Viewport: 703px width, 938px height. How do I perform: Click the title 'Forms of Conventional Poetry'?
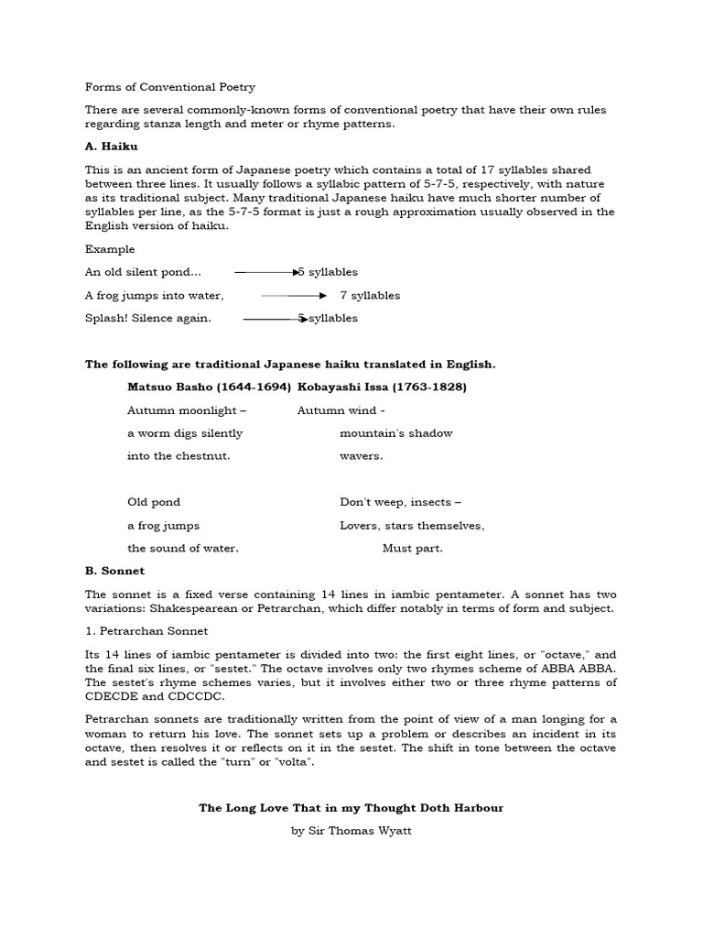tap(170, 87)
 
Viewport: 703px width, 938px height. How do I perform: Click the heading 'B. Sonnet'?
tap(114, 571)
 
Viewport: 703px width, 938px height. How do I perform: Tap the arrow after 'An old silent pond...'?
tap(267, 272)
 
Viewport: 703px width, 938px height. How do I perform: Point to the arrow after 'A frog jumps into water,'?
tap(294, 296)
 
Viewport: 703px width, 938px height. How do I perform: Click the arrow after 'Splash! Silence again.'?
tap(274, 319)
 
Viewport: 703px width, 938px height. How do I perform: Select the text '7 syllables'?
tap(370, 296)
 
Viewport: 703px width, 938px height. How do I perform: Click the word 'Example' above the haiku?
tap(110, 249)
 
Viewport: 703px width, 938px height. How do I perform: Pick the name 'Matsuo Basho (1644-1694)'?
tap(210, 387)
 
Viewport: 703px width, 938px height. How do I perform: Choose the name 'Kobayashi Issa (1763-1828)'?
tap(382, 387)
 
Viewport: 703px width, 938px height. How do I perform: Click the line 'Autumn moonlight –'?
tap(187, 410)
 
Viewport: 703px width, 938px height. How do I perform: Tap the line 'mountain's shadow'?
tap(395, 433)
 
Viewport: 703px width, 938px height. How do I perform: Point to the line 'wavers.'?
tap(362, 456)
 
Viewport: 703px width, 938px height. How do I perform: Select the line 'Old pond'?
tap(154, 502)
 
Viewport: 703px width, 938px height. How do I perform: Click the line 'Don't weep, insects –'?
tap(400, 502)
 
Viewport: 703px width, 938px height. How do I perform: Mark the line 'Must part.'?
tap(412, 549)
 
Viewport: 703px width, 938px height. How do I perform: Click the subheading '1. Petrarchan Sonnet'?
tap(146, 631)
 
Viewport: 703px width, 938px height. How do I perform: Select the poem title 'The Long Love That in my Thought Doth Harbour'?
tap(351, 808)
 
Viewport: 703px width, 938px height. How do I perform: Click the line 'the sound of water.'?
tap(183, 549)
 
